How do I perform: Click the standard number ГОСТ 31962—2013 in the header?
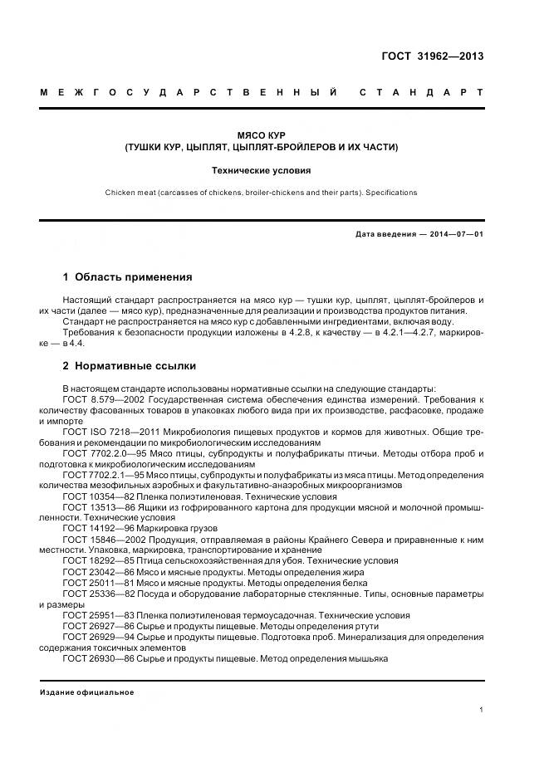click(432, 57)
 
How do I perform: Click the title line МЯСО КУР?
click(261, 134)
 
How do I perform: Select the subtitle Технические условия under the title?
click(261, 170)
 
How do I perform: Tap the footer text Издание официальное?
click(86, 691)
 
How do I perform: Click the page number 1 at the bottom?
click(482, 710)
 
